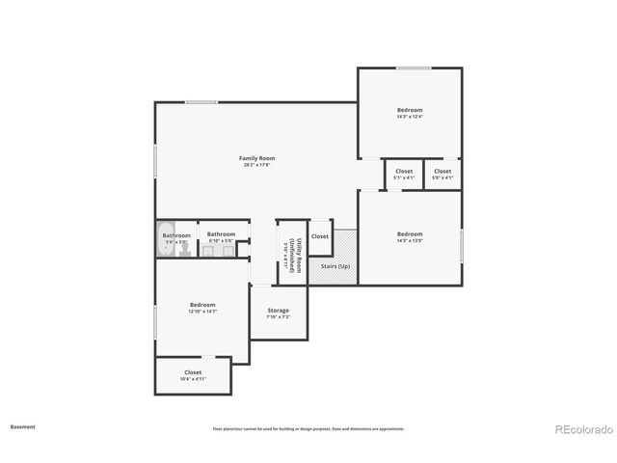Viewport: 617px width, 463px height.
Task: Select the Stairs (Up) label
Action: [335, 266]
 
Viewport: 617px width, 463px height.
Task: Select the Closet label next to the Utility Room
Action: [319, 236]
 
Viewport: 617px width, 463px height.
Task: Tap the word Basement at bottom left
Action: [24, 425]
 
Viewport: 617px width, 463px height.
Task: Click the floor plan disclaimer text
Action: [308, 428]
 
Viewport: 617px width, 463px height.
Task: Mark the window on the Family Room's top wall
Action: [201, 102]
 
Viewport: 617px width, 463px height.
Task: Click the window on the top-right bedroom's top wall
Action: [415, 68]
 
